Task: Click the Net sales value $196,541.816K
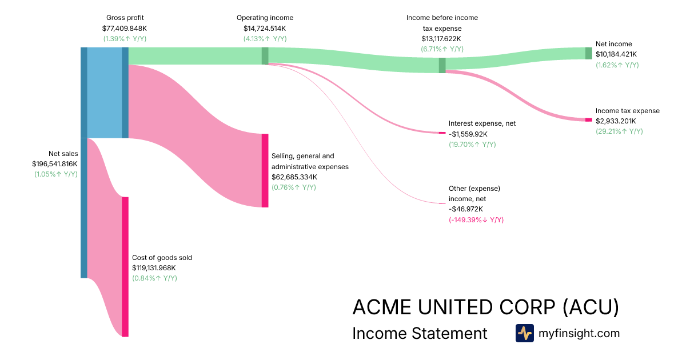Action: tap(55, 163)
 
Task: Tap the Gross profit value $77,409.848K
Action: tap(124, 28)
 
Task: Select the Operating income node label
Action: tap(265, 18)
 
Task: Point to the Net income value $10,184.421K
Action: tap(616, 54)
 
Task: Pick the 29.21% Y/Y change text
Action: tap(619, 131)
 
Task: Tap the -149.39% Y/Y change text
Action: tap(476, 220)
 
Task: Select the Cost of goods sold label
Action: tap(162, 258)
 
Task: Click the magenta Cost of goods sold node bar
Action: tap(125, 267)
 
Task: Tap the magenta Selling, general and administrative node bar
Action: tap(265, 170)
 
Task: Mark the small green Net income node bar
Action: tap(588, 53)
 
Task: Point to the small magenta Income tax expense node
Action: tap(588, 119)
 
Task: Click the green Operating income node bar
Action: tap(265, 56)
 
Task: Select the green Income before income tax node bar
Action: tap(442, 65)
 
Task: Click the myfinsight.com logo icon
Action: tap(524, 333)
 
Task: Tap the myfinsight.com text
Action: tap(579, 333)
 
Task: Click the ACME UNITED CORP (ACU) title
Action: tap(485, 307)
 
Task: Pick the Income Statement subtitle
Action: tap(420, 333)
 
